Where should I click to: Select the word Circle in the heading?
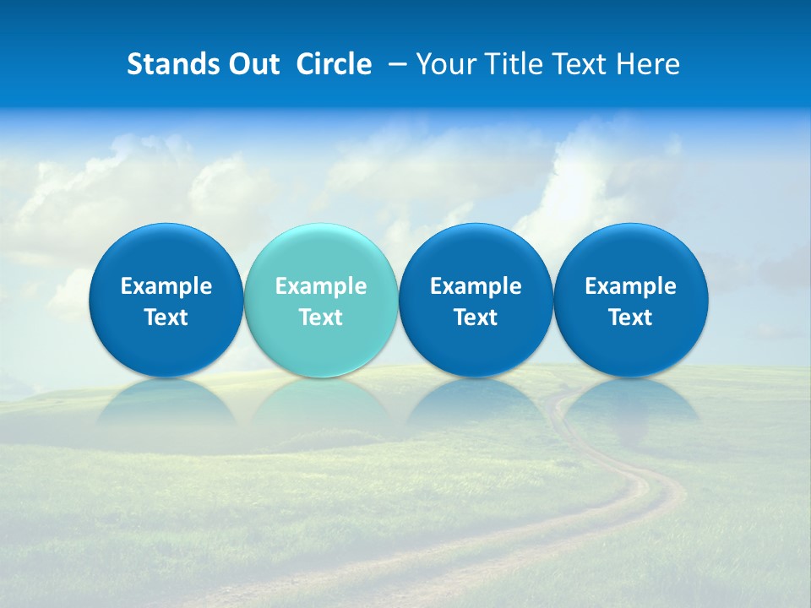[x=334, y=64]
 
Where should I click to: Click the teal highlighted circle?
[x=321, y=253]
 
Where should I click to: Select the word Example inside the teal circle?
[x=321, y=286]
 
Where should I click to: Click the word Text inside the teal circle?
[x=321, y=318]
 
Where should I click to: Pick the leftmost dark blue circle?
[x=166, y=253]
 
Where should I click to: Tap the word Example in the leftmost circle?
[x=166, y=286]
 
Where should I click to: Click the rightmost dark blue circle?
[x=631, y=253]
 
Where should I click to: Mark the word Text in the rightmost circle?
[x=631, y=318]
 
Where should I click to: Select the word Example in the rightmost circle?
[x=631, y=286]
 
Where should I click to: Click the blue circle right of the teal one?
[x=476, y=253]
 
